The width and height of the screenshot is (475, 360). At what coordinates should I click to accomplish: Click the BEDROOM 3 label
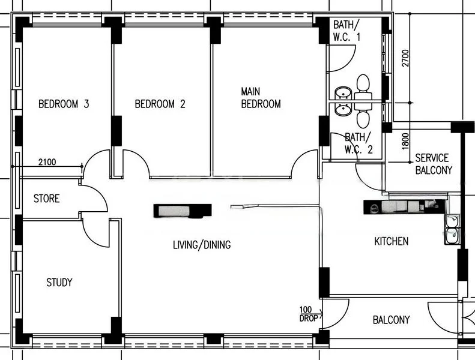point(64,104)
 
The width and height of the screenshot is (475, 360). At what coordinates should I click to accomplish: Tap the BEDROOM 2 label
point(160,104)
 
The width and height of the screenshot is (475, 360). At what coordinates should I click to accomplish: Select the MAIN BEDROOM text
point(261,98)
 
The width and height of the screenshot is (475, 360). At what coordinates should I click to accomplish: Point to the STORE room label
point(46,198)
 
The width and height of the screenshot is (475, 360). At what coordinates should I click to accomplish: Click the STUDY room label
point(59,282)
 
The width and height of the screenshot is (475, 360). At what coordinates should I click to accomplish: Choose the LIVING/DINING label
point(202,245)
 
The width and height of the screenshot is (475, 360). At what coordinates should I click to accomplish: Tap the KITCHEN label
point(391,241)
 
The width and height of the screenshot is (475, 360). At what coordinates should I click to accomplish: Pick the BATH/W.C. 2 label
point(359,143)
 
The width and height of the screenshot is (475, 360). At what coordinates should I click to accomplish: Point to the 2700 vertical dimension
point(406,58)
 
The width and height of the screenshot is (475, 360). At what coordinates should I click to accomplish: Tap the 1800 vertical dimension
point(406,140)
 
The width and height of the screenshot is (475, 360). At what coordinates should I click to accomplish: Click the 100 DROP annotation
point(308,314)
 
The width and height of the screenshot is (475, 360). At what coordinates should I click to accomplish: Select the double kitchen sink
point(451,229)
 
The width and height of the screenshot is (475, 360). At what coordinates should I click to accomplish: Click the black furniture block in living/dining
point(183,211)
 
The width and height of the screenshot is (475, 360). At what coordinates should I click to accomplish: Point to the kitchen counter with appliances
point(404,207)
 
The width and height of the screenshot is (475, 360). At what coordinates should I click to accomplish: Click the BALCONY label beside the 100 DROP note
point(391,320)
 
